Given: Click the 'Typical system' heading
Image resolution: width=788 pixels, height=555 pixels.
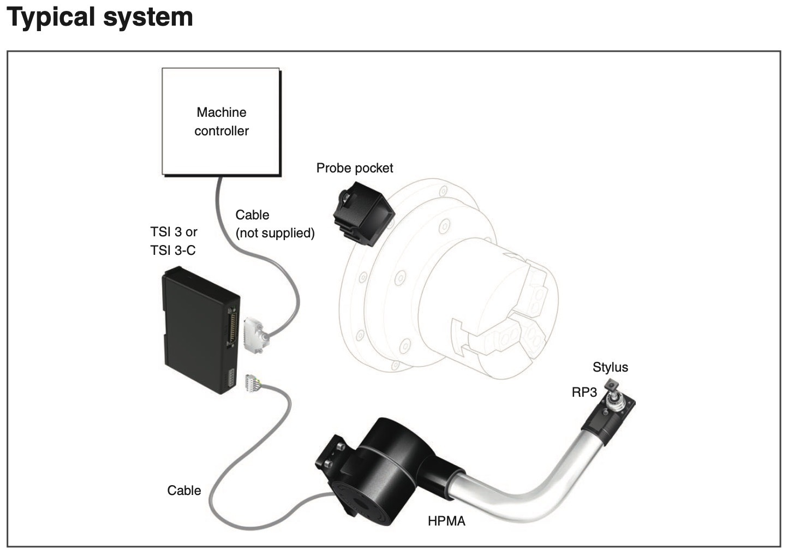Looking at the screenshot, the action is pos(100,17).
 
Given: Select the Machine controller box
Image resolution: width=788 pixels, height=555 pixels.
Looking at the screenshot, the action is pos(221,122).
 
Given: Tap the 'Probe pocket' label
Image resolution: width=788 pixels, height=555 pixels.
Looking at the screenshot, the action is pos(355,168).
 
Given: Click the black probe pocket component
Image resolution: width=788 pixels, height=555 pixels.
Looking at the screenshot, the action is pos(364,213).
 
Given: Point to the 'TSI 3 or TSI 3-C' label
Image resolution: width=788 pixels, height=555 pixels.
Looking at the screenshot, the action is pos(174,241).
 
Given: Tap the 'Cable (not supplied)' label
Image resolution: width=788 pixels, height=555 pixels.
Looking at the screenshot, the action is pos(274,224).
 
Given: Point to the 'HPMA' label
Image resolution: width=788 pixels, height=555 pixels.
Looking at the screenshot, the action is pos(446,521).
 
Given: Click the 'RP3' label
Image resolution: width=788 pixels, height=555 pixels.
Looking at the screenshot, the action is pos(584,392).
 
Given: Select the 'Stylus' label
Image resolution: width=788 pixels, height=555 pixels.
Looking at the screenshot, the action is pos(610,367).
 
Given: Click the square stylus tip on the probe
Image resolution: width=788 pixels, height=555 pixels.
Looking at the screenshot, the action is pos(612,385).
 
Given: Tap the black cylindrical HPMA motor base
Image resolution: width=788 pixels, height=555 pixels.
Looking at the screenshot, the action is pos(384,473).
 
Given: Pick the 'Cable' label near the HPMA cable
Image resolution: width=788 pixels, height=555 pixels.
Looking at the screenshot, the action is pos(184,490).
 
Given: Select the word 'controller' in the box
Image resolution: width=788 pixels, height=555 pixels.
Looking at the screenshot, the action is pos(221,131).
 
